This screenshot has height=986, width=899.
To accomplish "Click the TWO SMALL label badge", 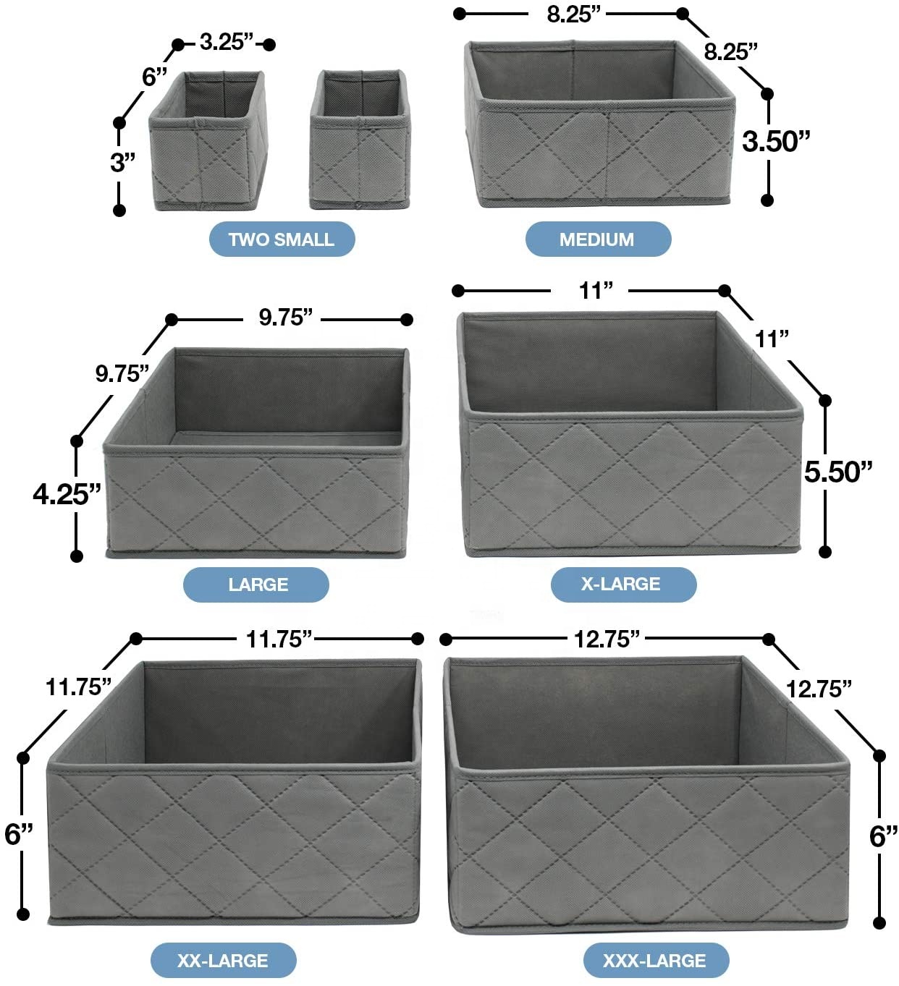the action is [x=282, y=239].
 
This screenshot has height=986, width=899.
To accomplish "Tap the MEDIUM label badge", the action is [x=598, y=239].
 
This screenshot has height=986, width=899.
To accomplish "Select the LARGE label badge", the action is [x=256, y=585].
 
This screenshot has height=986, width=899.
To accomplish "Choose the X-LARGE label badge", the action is [x=624, y=585].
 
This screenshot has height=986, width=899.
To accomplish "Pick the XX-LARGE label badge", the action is [x=223, y=961].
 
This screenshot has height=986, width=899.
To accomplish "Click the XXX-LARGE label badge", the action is [x=656, y=961].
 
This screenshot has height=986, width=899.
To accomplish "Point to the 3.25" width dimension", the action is [x=227, y=42].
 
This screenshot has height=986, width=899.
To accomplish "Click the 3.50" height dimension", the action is [x=775, y=141].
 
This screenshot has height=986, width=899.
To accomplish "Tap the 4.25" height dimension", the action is [x=67, y=494].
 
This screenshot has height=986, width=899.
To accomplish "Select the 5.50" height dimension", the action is [x=838, y=472].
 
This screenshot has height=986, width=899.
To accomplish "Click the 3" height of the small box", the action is [x=122, y=163].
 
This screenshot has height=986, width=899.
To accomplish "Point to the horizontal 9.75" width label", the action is [x=286, y=318].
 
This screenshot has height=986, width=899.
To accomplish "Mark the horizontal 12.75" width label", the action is [x=607, y=639].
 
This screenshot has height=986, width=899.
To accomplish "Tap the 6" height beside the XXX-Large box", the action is [x=883, y=836].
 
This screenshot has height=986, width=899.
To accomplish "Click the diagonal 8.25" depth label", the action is [x=731, y=51].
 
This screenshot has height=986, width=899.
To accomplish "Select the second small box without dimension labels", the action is [x=359, y=140].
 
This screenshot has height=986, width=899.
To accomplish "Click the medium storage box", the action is [x=599, y=124].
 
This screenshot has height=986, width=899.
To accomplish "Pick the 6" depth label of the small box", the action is [x=155, y=77].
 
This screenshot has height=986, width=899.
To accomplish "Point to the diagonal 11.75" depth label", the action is [x=78, y=687].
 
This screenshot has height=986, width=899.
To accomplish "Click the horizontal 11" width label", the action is [x=596, y=291].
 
